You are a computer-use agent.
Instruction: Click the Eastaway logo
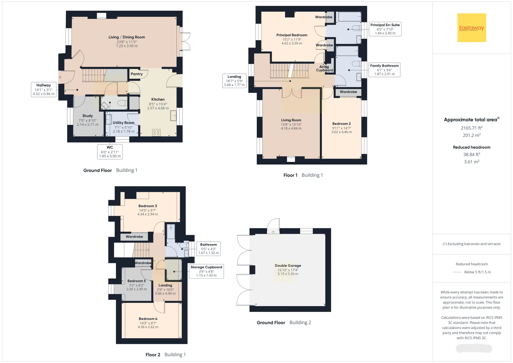coord(472,28)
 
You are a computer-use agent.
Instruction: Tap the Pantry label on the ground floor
coord(137,74)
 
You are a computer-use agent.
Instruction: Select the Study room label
coord(88,116)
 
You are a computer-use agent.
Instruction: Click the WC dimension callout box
coord(110,152)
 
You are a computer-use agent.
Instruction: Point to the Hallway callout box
coord(44,90)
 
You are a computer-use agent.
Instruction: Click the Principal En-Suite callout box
coord(385,29)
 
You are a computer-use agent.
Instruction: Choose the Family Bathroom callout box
coord(384,70)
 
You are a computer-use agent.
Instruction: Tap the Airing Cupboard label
coord(324,68)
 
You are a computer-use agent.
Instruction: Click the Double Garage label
coord(288,265)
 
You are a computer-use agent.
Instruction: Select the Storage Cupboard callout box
coord(206,271)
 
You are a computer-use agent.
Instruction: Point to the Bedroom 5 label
coord(137,281)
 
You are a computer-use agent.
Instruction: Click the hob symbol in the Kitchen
coord(157,133)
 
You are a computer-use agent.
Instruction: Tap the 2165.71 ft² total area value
coord(472,128)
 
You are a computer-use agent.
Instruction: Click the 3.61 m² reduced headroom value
coord(472,162)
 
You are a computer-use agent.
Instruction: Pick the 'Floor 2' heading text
coord(153,355)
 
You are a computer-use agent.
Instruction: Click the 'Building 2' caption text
coord(300,323)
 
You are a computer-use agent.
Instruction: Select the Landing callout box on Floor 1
coord(234,81)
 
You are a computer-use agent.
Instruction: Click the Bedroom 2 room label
coord(341,124)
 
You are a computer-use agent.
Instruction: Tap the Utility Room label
coord(123,123)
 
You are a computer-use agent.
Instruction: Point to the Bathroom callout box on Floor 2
coord(209,249)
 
